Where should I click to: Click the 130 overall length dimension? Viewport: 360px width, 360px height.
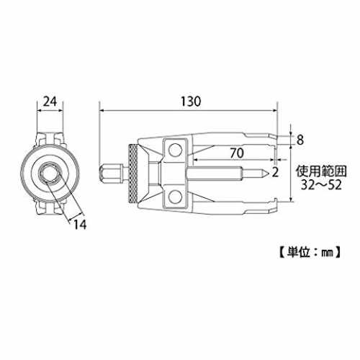191,102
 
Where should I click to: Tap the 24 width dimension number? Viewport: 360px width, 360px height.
50,102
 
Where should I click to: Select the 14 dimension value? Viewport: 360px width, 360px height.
80,225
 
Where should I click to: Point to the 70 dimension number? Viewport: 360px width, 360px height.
237,153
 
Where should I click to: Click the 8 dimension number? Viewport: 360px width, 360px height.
300,140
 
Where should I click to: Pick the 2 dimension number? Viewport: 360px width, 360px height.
275,172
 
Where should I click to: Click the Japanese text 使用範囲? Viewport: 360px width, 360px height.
321,171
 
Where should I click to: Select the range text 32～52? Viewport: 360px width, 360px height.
321,185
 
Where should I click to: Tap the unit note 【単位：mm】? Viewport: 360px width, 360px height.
310,252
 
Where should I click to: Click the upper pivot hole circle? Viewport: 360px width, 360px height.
175,150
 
